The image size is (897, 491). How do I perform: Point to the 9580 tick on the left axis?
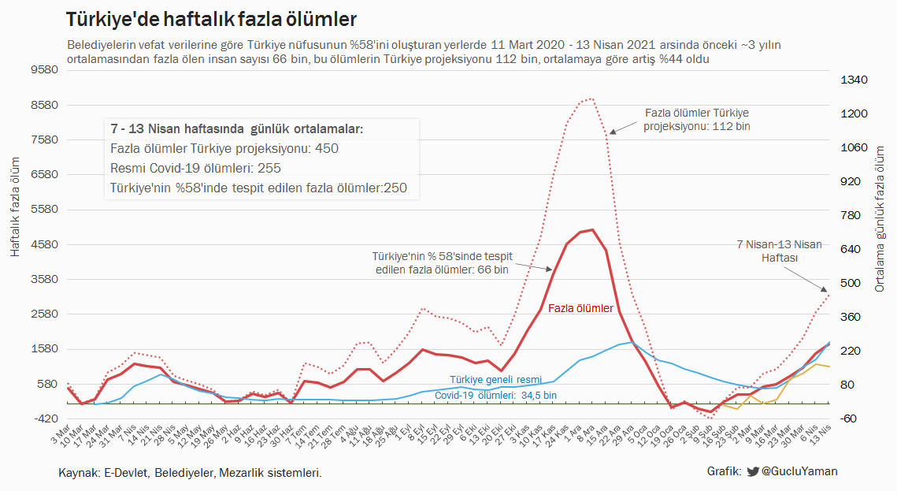(45, 70)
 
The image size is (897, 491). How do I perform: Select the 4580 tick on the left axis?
(45, 244)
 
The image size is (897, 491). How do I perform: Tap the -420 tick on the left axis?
(45, 418)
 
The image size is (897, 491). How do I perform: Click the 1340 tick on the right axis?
(853, 80)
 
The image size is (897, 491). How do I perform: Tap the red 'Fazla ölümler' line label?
(580, 309)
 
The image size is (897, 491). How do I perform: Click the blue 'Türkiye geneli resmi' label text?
(495, 380)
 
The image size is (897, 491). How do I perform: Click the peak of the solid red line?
(591, 230)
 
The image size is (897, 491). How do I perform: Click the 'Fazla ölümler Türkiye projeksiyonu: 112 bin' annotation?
(697, 119)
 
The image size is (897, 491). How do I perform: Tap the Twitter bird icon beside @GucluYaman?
(752, 471)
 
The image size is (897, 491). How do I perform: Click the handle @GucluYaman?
(799, 471)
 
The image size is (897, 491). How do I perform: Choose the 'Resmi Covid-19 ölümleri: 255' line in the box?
(195, 168)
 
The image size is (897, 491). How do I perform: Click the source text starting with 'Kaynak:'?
(190, 473)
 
